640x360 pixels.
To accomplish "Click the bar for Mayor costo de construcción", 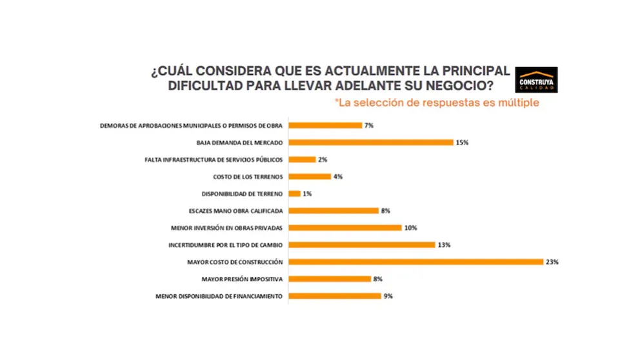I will [x=416, y=261].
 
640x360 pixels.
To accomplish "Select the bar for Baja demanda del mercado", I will [x=371, y=142].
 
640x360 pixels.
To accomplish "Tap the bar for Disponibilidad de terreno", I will [x=295, y=193].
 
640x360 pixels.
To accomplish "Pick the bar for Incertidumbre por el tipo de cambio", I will [x=362, y=245].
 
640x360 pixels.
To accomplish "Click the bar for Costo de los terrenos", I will [x=310, y=176].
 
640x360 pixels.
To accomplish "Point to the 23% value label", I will [x=552, y=262].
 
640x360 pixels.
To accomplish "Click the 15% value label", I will [x=462, y=142].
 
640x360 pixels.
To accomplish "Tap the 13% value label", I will [x=443, y=245].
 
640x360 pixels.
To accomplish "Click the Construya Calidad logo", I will [x=537, y=80].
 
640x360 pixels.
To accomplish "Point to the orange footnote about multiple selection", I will [x=437, y=103].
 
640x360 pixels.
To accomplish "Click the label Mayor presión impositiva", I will [x=241, y=279].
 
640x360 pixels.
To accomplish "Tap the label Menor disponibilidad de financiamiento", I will [x=219, y=296].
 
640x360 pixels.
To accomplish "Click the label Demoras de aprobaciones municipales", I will [x=192, y=125].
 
